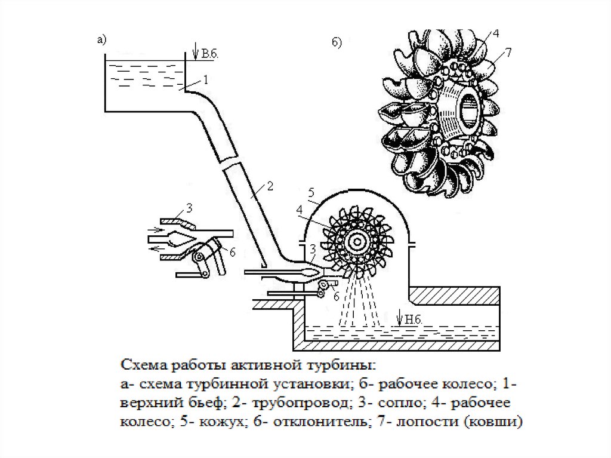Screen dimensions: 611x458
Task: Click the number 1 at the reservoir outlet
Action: coord(205,79)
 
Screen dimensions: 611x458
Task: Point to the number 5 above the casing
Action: coord(310,192)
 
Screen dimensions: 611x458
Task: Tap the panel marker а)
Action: coord(101,40)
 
